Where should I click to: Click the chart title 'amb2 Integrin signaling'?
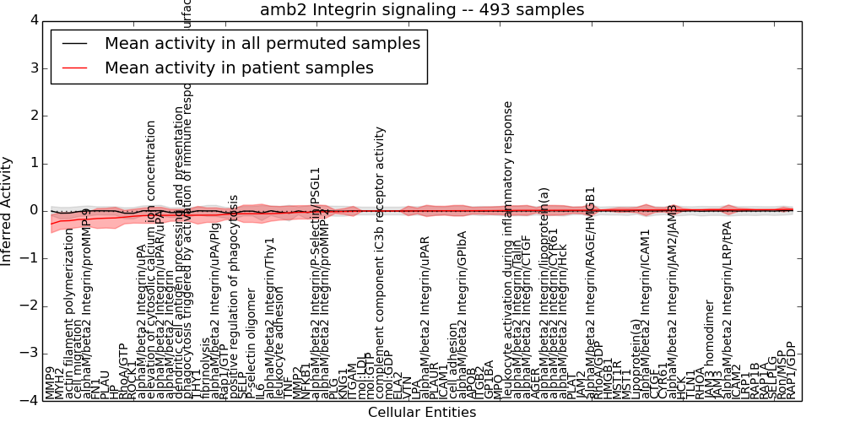[421, 9]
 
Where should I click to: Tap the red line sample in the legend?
[74, 68]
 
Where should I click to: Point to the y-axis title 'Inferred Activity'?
[8, 210]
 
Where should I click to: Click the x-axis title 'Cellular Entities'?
[421, 413]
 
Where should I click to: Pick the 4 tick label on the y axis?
[33, 20]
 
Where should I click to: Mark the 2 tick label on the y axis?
[33, 116]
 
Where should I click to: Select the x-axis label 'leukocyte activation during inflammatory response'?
[508, 249]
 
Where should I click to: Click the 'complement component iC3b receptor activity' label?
[381, 262]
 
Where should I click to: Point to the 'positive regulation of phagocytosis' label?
[234, 295]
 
